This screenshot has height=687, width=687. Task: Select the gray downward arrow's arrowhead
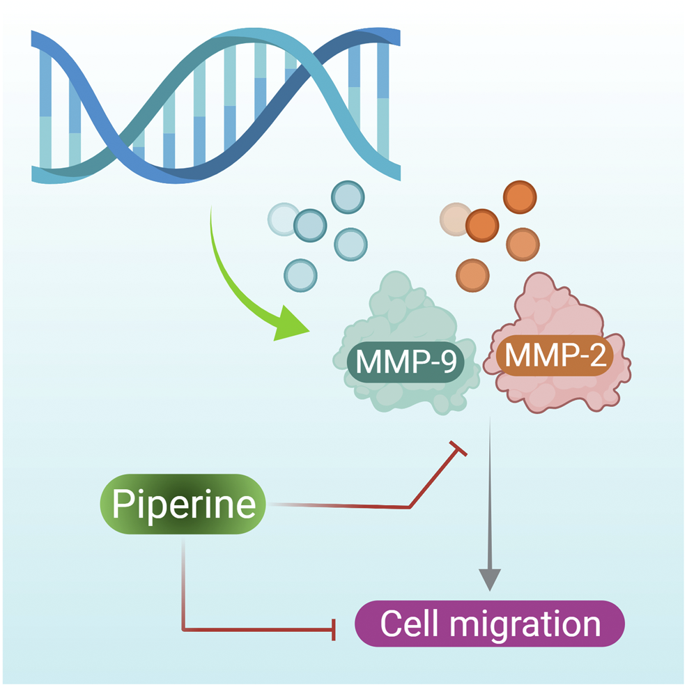click(491, 578)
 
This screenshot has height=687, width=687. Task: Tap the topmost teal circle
click(346, 197)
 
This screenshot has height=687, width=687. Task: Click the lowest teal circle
click(300, 275)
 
